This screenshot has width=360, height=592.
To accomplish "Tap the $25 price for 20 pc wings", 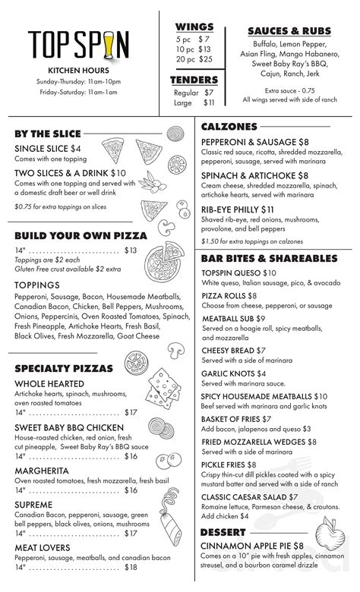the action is [x=205, y=59].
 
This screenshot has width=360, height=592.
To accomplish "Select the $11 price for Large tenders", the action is [x=210, y=102].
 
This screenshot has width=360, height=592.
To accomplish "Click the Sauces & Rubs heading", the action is [x=289, y=30].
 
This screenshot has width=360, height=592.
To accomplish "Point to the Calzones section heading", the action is [x=229, y=127].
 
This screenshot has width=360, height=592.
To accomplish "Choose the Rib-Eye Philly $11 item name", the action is [x=238, y=209].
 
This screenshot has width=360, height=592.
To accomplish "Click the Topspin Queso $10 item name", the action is [x=239, y=272].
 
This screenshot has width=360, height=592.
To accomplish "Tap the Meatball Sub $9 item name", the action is [x=233, y=319].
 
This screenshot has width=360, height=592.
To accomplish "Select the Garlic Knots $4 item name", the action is [x=233, y=373].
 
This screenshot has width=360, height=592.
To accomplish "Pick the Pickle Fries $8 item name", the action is [x=229, y=464].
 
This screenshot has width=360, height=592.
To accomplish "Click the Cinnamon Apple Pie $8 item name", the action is [x=252, y=546].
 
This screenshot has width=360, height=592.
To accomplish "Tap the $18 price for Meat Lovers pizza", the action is [x=131, y=567].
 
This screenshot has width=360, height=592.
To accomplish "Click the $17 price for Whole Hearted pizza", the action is [x=131, y=412].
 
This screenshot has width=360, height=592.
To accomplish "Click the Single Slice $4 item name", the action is [x=47, y=148].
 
